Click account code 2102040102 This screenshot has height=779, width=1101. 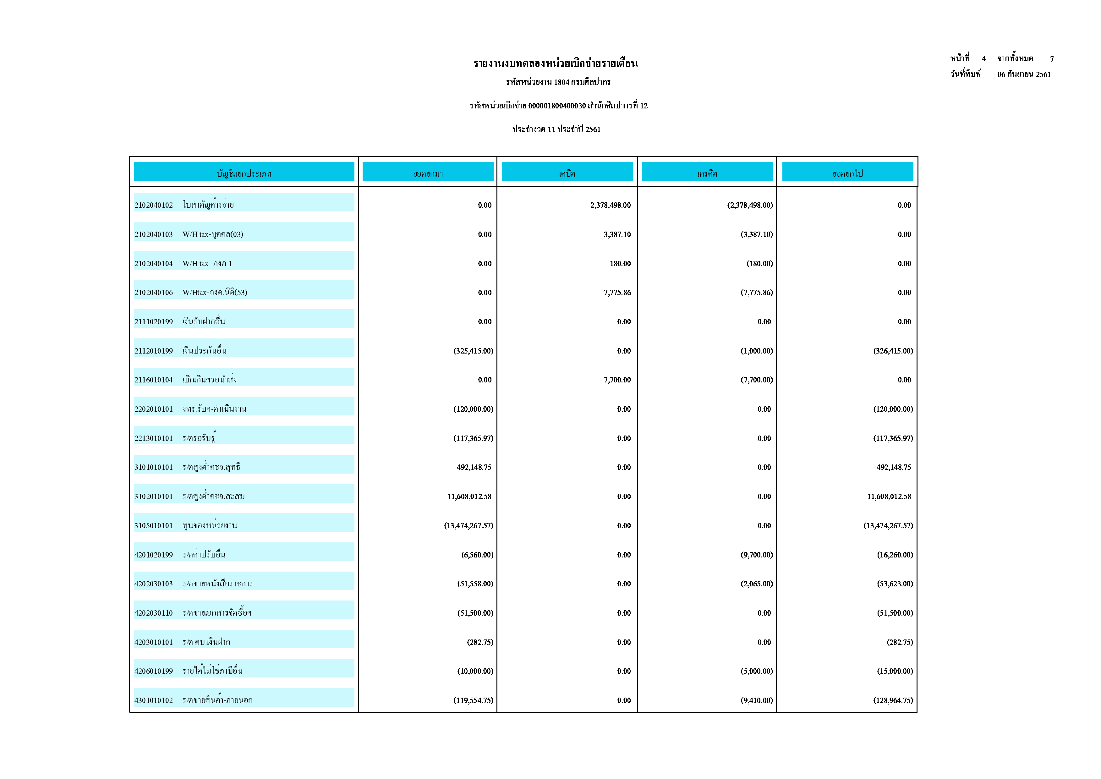(x=153, y=205)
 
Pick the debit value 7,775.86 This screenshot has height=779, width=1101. (x=617, y=293)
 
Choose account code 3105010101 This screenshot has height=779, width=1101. (x=153, y=526)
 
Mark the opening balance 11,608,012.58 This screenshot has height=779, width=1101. (x=469, y=496)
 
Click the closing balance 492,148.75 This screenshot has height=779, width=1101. (x=893, y=467)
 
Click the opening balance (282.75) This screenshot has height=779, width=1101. (x=480, y=642)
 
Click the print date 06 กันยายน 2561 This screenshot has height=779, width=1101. (x=1024, y=74)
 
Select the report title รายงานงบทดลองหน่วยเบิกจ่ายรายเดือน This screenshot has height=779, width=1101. (x=555, y=63)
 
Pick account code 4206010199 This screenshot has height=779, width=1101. (x=153, y=671)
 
